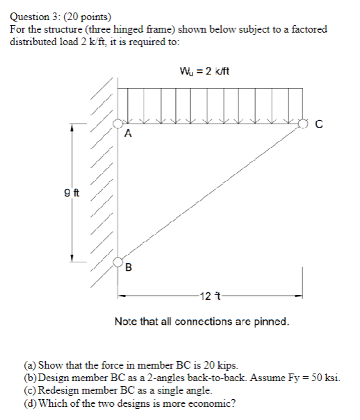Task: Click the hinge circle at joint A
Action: coord(118,123)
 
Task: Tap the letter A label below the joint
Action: coord(127,136)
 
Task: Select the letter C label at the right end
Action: coord(319,125)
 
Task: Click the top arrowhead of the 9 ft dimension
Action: coord(71,128)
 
